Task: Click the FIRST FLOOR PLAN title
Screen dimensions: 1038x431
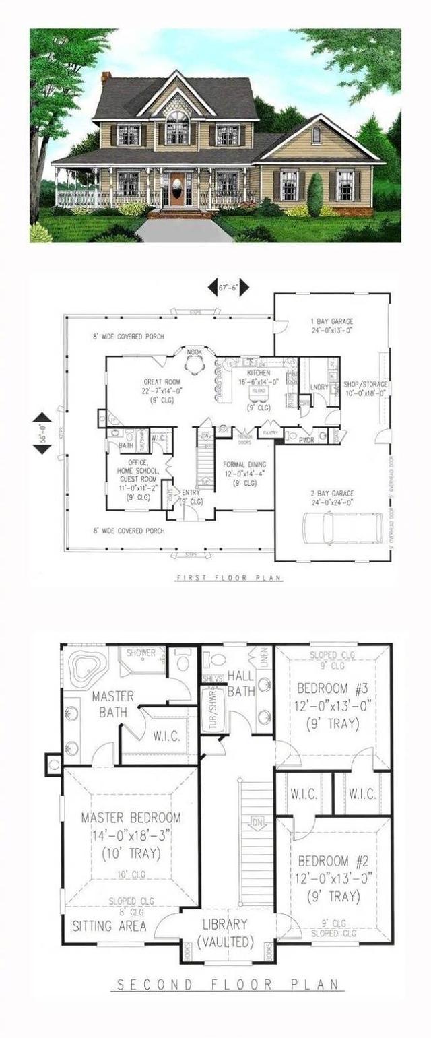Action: [230, 578]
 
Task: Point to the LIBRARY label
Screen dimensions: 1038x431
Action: [226, 924]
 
